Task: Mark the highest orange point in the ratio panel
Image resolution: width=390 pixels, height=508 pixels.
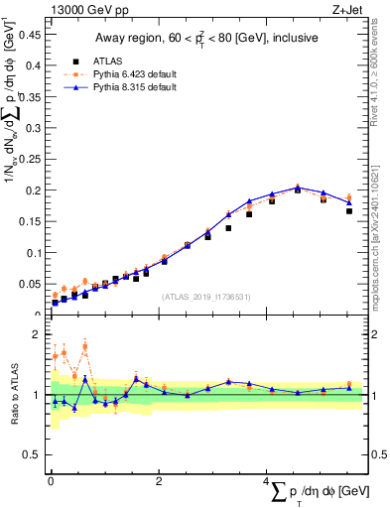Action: tap(85, 345)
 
